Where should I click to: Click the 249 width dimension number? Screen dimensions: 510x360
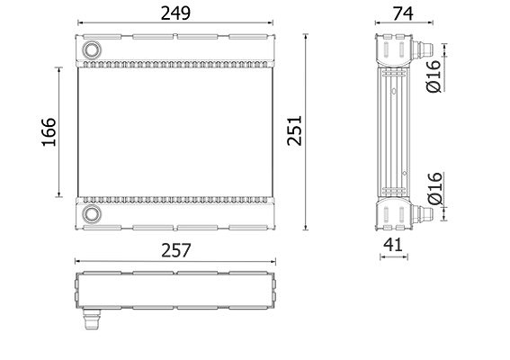pyautogui.click(x=175, y=13)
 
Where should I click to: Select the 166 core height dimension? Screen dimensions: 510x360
pyautogui.click(x=49, y=131)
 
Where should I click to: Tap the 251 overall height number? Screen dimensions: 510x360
pyautogui.click(x=295, y=130)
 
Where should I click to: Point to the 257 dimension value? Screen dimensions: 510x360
pyautogui.click(x=176, y=250)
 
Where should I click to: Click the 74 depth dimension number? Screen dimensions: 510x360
pyautogui.click(x=403, y=13)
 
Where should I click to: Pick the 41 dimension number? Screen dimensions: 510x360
pyautogui.click(x=393, y=245)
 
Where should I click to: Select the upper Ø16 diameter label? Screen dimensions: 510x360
pyautogui.click(x=434, y=76)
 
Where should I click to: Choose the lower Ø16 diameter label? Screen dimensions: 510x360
pyautogui.click(x=434, y=188)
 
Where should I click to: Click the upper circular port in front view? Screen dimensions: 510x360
pyautogui.click(x=92, y=49)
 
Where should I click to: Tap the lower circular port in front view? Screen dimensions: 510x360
pyautogui.click(x=92, y=214)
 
